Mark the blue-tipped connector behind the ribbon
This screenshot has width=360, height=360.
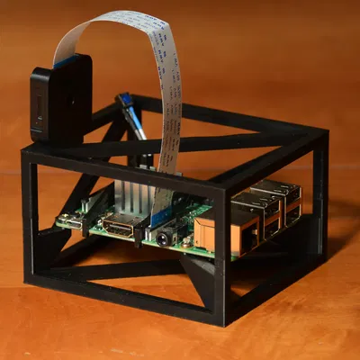[125, 98]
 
